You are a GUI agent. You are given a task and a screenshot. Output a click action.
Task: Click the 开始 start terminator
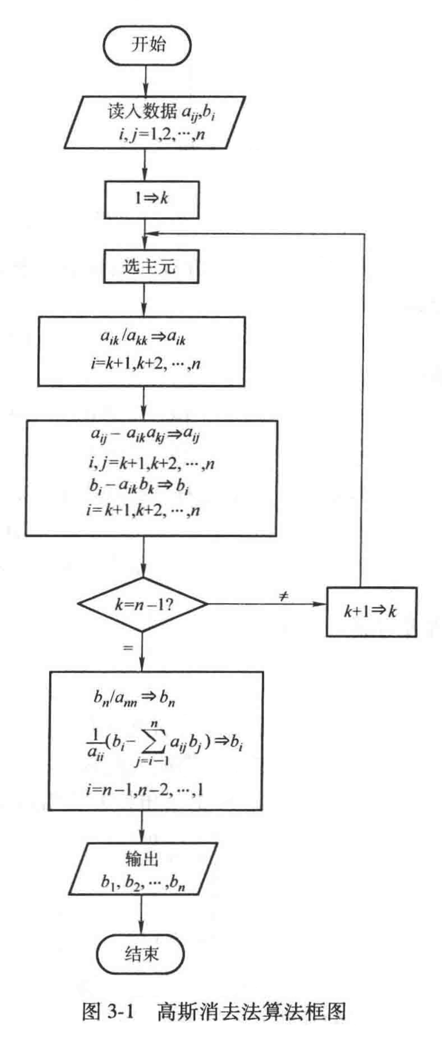pyautogui.click(x=147, y=45)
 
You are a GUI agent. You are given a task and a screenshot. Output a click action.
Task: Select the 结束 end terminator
pyautogui.click(x=141, y=954)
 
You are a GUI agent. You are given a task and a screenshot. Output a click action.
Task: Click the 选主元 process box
pyautogui.click(x=151, y=266)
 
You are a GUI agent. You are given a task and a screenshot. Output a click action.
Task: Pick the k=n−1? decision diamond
pyautogui.click(x=143, y=604)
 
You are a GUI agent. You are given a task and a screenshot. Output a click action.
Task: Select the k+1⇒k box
pyautogui.click(x=371, y=611)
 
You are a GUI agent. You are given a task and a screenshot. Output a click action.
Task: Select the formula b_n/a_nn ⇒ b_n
pyautogui.click(x=134, y=699)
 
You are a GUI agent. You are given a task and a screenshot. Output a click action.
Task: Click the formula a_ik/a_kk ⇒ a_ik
pyautogui.click(x=143, y=338)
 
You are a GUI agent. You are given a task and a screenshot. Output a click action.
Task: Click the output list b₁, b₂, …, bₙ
pyautogui.click(x=142, y=883)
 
